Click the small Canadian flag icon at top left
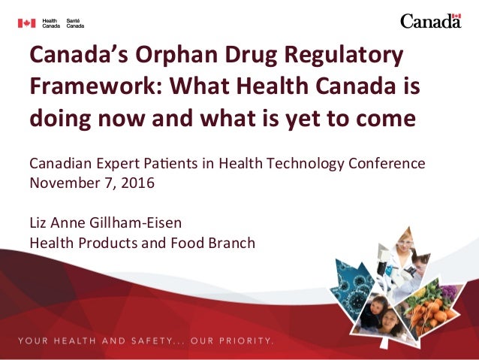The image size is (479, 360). coord(26,23)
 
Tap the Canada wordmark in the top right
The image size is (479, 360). coord(430,21)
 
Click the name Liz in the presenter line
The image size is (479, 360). coord(38,223)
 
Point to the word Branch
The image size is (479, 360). coord(233,243)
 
